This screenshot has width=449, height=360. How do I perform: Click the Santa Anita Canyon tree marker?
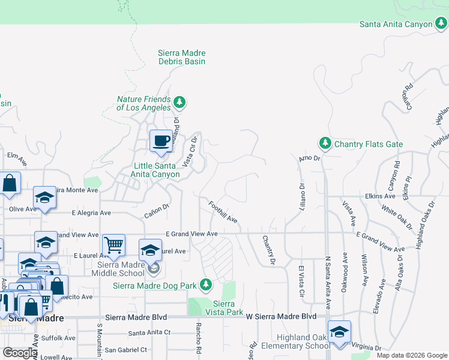(x=441, y=24)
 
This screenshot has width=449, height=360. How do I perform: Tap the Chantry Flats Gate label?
(x=369, y=145)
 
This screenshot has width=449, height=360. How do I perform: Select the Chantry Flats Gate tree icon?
(x=325, y=143)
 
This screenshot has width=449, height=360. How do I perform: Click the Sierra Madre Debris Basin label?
(x=181, y=57)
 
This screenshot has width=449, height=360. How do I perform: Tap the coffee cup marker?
(x=160, y=142)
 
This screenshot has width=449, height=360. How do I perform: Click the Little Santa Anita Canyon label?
(x=156, y=170)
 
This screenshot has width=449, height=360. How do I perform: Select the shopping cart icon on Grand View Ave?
(x=113, y=245)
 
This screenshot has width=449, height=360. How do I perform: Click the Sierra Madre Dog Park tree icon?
(x=206, y=284)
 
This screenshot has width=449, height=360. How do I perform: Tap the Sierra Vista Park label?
(x=228, y=308)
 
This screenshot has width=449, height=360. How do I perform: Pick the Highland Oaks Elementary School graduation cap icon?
(x=339, y=332)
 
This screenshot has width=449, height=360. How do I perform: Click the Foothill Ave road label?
(x=223, y=212)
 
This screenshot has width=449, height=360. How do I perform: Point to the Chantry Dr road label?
(x=268, y=250)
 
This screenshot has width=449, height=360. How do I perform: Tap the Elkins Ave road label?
(x=379, y=196)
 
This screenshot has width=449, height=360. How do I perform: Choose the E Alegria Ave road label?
(x=91, y=212)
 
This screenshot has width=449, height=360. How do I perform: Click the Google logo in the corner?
(x=20, y=353)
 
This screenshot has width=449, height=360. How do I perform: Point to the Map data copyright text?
(x=411, y=355)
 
